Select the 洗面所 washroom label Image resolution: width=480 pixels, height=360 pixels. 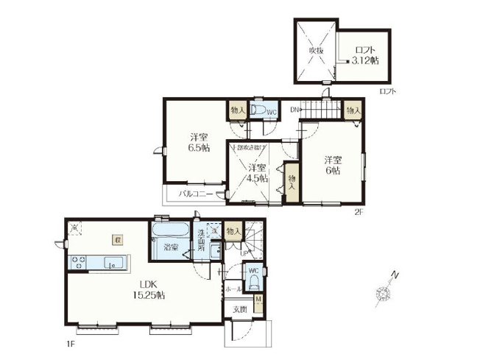point(201,241)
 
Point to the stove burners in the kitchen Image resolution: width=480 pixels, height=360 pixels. point(79,261)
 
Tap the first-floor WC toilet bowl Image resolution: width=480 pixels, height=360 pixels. point(252,281)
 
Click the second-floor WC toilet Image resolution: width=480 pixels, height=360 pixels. point(258,110)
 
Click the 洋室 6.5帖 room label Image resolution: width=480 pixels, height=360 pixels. point(197,142)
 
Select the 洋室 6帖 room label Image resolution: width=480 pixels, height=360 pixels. point(333,165)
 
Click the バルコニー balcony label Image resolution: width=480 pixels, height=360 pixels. point(195,194)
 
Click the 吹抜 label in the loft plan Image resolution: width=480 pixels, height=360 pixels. point(315,49)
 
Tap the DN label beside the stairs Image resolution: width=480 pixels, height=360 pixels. point(294,110)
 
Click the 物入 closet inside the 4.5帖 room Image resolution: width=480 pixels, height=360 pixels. point(292,182)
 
